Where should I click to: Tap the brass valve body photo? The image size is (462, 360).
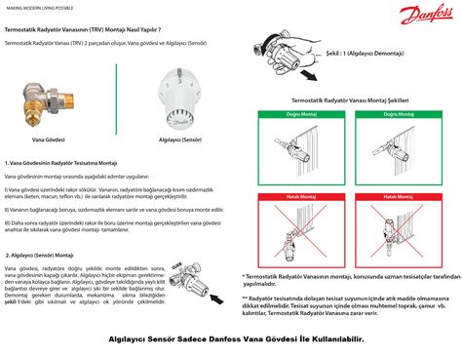click(x=48, y=100)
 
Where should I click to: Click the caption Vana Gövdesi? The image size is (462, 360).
click(x=48, y=140)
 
